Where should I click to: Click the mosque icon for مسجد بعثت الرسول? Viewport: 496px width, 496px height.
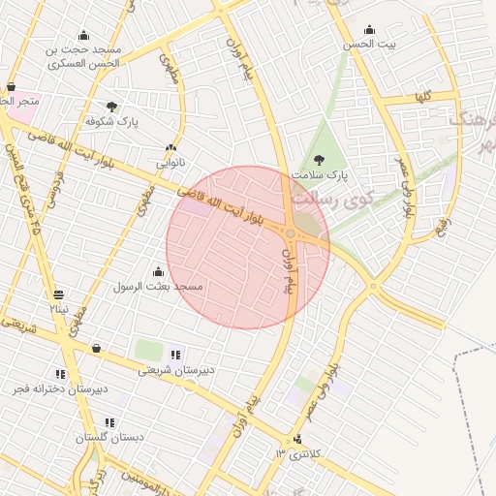click(159, 271)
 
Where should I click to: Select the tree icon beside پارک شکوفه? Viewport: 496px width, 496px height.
click(111, 107)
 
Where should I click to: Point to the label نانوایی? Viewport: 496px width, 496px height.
click(170, 163)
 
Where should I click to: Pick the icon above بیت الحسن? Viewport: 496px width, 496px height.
click(369, 29)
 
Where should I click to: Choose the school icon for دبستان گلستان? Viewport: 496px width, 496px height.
click(109, 422)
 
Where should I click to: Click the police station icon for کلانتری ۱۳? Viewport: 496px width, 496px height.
click(297, 438)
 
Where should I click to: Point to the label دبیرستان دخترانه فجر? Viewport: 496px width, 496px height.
click(55, 388)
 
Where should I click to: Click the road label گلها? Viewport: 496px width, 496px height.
click(420, 97)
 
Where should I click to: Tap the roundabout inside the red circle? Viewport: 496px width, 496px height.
click(291, 232)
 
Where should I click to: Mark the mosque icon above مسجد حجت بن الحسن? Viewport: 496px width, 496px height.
click(83, 35)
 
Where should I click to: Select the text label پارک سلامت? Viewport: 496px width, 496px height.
click(324, 175)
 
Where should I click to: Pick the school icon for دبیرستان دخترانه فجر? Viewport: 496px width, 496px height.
click(60, 374)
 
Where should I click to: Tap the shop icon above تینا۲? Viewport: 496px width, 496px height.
click(60, 294)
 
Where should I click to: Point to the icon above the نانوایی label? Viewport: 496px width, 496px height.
click(170, 148)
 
